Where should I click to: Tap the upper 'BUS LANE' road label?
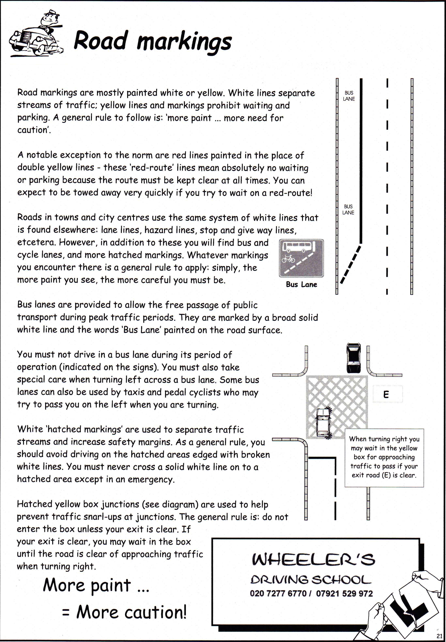click(349, 96)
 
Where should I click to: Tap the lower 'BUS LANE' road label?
click(348, 209)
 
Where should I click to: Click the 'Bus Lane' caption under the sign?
click(301, 285)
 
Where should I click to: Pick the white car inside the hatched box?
click(323, 422)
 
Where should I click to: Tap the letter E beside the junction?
click(386, 394)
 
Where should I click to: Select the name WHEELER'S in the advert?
click(313, 559)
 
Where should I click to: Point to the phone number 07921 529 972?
click(344, 593)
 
